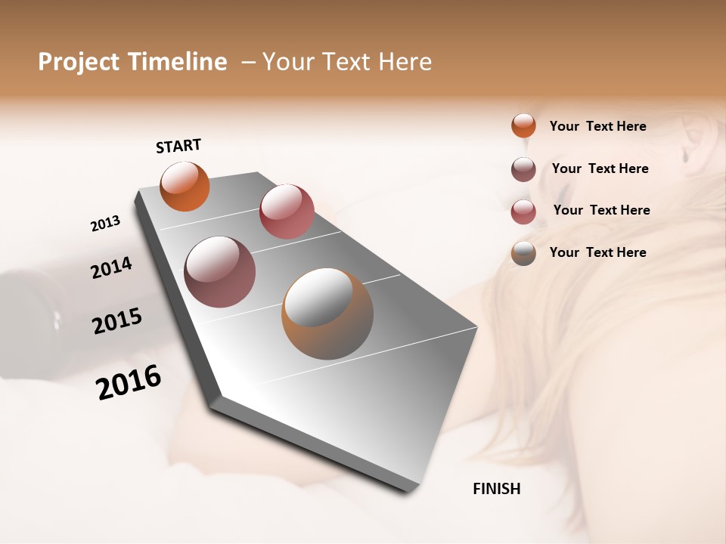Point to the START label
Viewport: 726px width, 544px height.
[178, 146]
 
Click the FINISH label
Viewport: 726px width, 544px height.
[496, 489]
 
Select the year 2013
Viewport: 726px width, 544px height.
[106, 224]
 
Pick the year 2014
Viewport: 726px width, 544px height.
[111, 267]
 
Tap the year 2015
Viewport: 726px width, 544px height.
[117, 321]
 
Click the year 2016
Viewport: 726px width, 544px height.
[129, 382]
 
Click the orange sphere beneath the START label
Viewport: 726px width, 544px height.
[185, 186]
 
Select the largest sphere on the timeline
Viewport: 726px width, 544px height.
[327, 314]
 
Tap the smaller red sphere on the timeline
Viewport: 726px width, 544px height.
[287, 211]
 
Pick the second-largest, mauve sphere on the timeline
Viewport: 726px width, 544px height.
[219, 272]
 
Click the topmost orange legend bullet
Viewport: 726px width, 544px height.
[523, 125]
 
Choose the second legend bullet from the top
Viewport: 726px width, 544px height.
[523, 169]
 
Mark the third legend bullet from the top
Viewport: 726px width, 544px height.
[523, 211]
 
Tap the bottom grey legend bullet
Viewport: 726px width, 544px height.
[523, 253]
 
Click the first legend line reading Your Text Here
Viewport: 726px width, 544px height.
[597, 126]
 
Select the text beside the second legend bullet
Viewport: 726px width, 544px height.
[600, 168]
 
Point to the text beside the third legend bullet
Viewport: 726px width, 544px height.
[601, 210]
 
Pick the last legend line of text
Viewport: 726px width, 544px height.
[597, 252]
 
